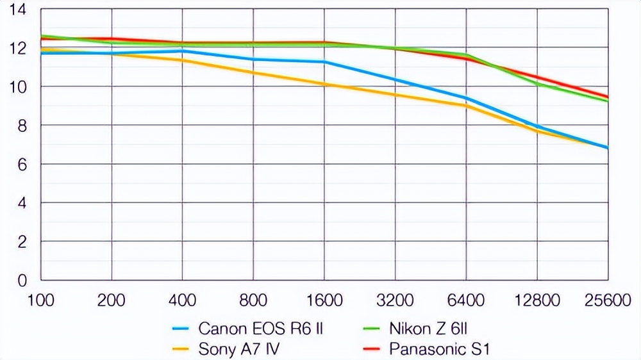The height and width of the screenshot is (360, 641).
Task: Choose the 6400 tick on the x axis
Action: [465, 300]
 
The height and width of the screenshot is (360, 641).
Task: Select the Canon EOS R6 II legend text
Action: [260, 329]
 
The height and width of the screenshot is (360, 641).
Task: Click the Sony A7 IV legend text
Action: [239, 349]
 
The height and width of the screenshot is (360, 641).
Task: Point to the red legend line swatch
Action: [374, 349]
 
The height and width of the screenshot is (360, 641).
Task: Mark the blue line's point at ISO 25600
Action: [607, 148]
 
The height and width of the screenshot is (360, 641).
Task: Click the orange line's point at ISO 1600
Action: [324, 84]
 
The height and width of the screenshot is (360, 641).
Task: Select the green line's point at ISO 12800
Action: [537, 84]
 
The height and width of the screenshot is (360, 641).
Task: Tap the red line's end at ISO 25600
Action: [607, 97]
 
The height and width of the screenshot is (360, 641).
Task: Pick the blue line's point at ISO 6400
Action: [466, 98]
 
